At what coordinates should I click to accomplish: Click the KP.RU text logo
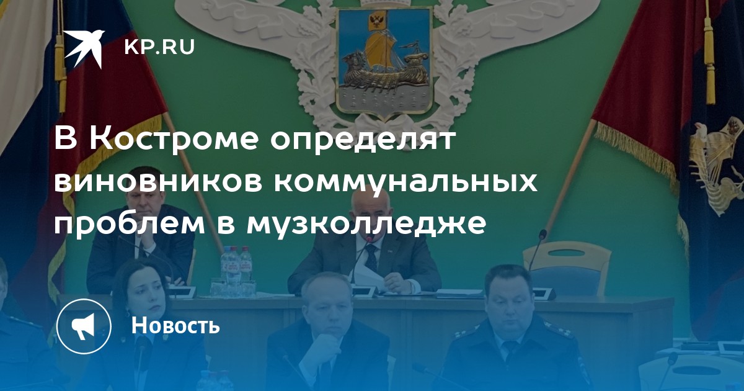tap(159, 47)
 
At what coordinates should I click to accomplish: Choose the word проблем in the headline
tap(129, 225)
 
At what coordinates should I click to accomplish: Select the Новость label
tap(175, 325)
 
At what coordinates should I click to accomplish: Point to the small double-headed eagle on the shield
tap(378, 19)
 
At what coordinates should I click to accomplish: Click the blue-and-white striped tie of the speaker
tap(371, 258)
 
